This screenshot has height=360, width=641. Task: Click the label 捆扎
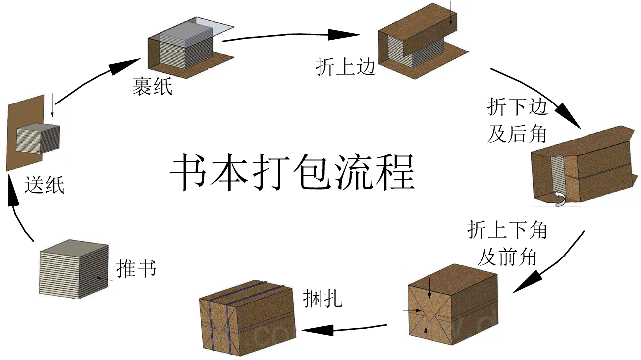coord(322,298)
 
